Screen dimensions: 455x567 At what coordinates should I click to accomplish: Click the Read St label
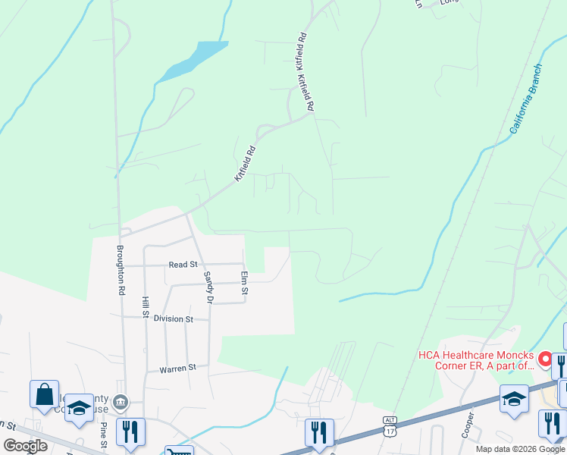point(183,265)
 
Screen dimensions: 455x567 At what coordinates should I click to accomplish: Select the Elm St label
point(244,284)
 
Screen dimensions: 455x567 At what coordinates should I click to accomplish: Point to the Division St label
point(174,319)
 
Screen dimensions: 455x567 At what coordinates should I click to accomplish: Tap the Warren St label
point(177,369)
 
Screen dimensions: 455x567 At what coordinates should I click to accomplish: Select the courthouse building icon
point(121,402)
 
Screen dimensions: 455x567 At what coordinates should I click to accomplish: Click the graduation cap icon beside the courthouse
point(78,409)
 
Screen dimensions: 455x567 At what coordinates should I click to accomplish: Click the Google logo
point(25,446)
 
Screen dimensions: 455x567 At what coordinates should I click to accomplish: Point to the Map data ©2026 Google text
point(520,449)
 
